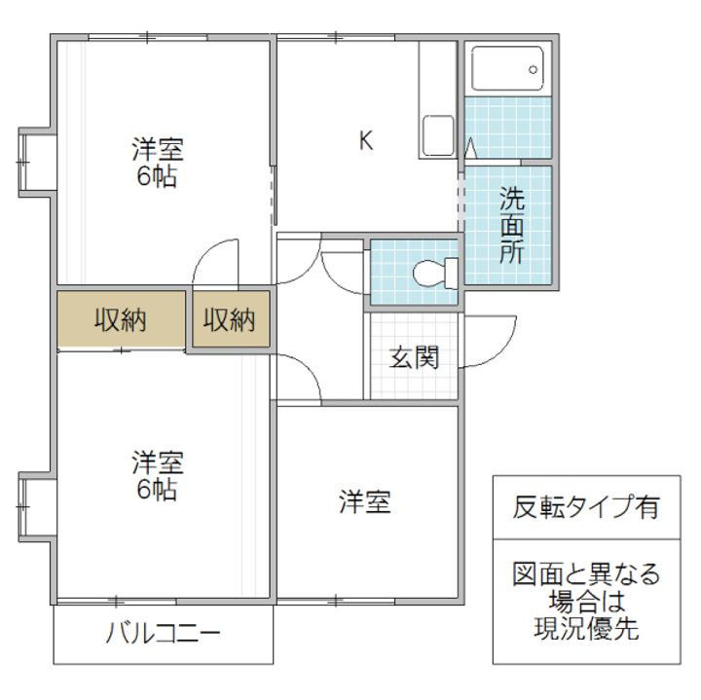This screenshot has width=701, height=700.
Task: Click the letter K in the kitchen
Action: pyautogui.click(x=366, y=141)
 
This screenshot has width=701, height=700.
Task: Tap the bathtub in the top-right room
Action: pyautogui.click(x=506, y=69)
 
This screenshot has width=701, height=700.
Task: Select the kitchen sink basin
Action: pyautogui.click(x=435, y=135)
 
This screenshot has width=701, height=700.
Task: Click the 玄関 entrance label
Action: pyautogui.click(x=414, y=357)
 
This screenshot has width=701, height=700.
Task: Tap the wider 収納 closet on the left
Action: pyautogui.click(x=121, y=320)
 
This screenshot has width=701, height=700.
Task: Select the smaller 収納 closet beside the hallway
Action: pyautogui.click(x=231, y=320)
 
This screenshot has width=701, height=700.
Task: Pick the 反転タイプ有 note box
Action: pyautogui.click(x=586, y=506)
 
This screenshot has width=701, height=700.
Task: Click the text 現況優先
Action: pyautogui.click(x=586, y=629)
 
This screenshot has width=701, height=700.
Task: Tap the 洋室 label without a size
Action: pyautogui.click(x=365, y=502)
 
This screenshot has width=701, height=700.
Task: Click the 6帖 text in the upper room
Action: pyautogui.click(x=158, y=178)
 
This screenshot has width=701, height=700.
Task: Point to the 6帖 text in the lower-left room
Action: pyautogui.click(x=158, y=489)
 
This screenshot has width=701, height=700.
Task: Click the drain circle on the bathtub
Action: pyautogui.click(x=533, y=69)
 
